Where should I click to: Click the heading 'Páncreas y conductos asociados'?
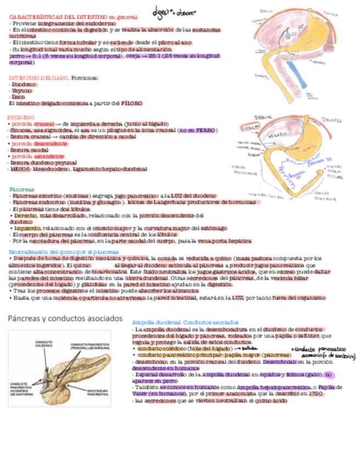click(64, 318)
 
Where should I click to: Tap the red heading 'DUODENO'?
click(20, 117)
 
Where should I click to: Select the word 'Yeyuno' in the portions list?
click(22, 90)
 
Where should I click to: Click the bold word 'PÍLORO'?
click(132, 103)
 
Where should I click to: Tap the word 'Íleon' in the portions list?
click(18, 97)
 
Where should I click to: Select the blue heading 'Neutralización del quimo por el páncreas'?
click(65, 252)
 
